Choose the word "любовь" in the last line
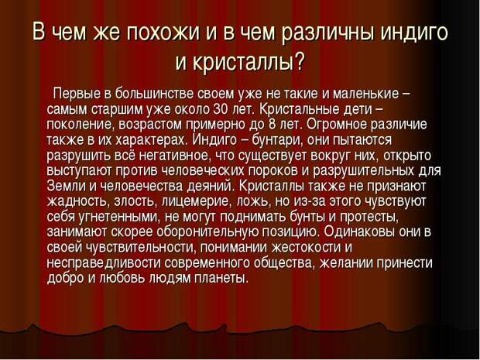click(122, 279)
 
